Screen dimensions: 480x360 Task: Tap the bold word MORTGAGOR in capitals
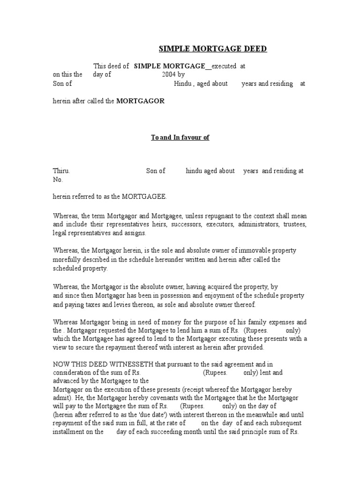(140, 101)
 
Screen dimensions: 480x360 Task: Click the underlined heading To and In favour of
(180, 137)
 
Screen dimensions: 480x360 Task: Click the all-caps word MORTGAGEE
(144, 197)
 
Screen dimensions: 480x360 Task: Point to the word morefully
(66, 260)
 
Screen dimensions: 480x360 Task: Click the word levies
(116, 305)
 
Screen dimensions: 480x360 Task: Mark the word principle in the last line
(248, 432)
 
